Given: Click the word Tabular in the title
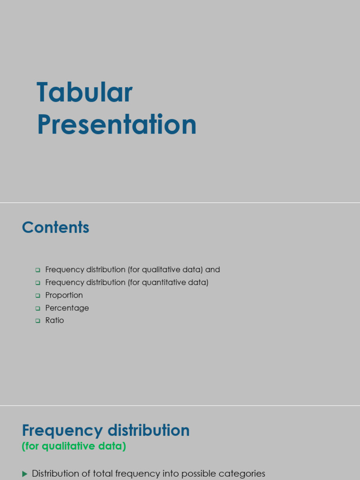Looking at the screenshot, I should [85, 93].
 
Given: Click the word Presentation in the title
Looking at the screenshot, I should [117, 125].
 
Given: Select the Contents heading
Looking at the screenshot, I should [55, 227].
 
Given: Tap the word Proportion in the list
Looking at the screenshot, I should [64, 295].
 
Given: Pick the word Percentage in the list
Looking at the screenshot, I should [67, 308].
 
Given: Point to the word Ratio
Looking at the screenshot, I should [54, 321].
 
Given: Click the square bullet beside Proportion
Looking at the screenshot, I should [38, 296].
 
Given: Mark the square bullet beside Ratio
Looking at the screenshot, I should [38, 321].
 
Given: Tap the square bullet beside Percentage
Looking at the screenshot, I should [38, 308].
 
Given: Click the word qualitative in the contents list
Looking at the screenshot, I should [160, 270].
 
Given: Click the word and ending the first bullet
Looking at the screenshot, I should [212, 270].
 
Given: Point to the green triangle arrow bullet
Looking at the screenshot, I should [25, 474].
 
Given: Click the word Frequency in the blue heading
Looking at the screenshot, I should [62, 430].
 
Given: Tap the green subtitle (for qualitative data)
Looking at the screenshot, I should [74, 446].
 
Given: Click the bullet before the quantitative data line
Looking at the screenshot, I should [38, 283].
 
